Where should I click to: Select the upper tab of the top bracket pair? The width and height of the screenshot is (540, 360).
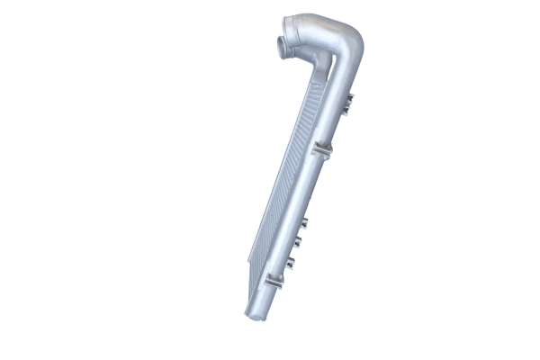pos(348,97)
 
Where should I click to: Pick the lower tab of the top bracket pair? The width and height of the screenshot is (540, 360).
pos(346,110)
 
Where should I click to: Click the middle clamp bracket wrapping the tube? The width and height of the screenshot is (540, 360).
pos(321,149)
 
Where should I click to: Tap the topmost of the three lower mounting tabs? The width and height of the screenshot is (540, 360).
pos(303,222)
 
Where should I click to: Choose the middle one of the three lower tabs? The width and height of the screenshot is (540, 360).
pos(297,241)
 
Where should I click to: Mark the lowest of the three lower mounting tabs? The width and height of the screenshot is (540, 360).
pos(291,262)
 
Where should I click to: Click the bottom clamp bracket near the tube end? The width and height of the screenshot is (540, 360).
pos(274,280)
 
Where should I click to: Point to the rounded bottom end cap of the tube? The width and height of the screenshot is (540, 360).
pos(256,312)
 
